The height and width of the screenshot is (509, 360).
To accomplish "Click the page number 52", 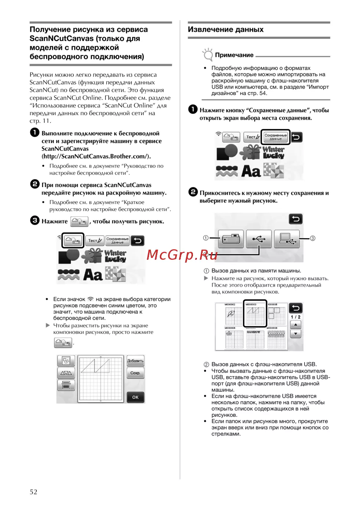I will tap(33, 492).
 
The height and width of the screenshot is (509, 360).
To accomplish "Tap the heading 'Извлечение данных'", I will tap(226, 30).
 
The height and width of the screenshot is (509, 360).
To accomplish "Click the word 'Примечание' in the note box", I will tap(234, 55).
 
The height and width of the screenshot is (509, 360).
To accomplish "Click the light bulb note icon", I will tap(208, 55).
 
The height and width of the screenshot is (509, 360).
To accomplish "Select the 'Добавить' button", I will tap(135, 361).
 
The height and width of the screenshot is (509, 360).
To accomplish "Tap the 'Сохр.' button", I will tap(135, 373).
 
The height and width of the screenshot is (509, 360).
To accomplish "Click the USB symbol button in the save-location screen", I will tap(258, 238).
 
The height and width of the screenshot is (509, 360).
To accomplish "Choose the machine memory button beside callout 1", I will tap(231, 238).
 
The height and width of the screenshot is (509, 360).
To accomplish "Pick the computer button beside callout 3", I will tap(287, 238).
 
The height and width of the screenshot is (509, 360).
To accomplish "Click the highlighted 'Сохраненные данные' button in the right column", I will tap(275, 137).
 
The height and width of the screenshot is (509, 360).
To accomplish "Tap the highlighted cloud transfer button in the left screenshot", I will tap(73, 240).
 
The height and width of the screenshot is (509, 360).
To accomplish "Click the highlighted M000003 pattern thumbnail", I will tap(255, 313).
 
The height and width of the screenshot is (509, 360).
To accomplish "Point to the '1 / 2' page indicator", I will tap(296, 317).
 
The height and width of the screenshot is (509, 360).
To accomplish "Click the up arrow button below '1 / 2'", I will tap(296, 325).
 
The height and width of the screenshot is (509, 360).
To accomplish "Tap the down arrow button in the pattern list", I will tap(296, 334).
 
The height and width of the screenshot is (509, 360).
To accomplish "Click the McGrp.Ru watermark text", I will tap(182, 255).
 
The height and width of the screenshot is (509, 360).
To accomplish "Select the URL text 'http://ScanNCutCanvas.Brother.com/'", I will tap(96, 156).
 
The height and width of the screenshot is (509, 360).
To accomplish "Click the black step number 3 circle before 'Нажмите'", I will tap(35, 220).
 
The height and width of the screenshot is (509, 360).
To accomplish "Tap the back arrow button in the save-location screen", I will tap(296, 219).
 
